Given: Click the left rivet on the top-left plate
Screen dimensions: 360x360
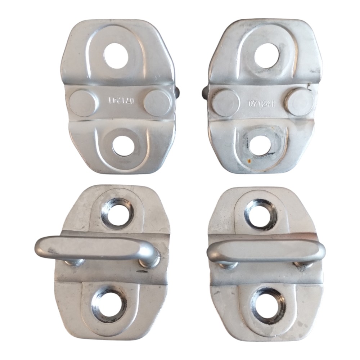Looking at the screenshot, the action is pos(82,104).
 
